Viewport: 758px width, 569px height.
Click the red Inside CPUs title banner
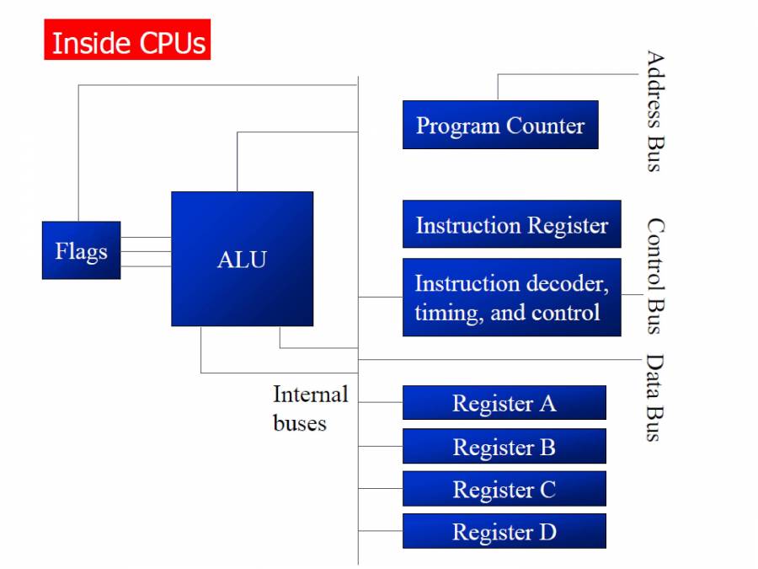point(127,40)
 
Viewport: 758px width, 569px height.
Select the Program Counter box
point(500,125)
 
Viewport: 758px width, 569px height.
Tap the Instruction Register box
point(511,224)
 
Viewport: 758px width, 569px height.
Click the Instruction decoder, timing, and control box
point(511,298)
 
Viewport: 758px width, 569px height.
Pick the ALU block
point(242,259)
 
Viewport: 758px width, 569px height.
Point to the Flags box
point(81,250)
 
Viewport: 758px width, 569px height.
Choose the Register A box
point(504,403)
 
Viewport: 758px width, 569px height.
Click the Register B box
point(504,446)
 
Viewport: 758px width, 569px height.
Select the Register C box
point(504,489)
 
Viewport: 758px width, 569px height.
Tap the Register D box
point(504,531)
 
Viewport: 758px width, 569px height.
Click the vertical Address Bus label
point(654,111)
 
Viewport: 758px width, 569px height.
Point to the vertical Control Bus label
point(654,276)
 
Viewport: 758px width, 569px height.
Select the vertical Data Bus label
point(654,398)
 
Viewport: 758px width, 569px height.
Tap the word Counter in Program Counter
point(545,126)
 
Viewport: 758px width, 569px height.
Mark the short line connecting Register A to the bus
point(381,402)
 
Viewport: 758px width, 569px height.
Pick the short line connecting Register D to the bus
point(381,531)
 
